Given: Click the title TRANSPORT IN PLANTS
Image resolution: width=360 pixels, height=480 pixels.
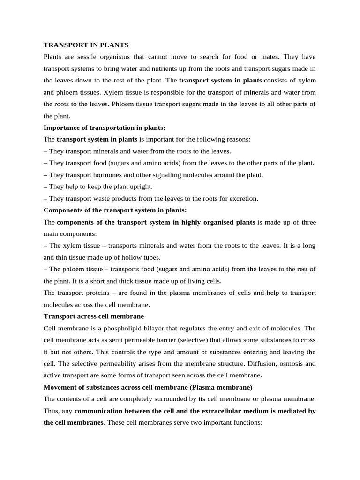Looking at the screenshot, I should [x=86, y=45].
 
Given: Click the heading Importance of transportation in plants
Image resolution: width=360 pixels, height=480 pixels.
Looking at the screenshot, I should [x=105, y=127].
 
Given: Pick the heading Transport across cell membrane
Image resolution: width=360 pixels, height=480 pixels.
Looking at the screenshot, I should [x=94, y=316].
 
